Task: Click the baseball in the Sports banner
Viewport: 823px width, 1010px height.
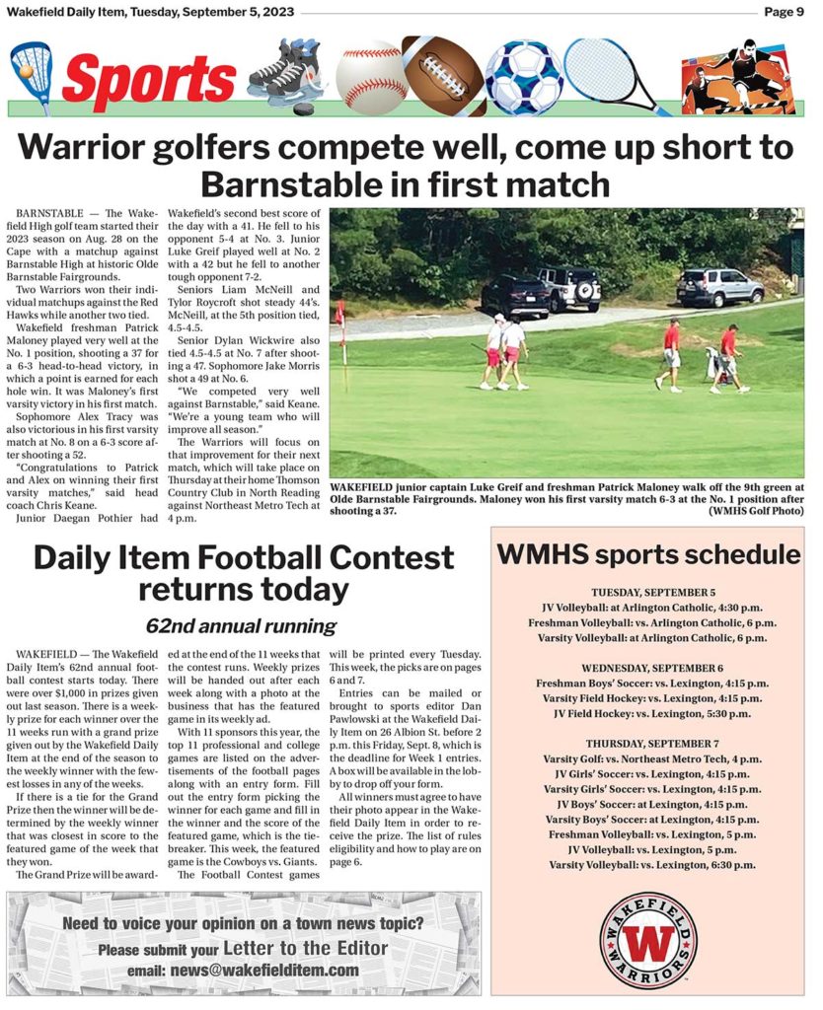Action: (x=371, y=77)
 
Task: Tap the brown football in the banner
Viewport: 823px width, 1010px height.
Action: (x=444, y=76)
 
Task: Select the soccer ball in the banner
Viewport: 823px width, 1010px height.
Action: (x=523, y=77)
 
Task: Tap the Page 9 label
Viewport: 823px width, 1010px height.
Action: (x=786, y=12)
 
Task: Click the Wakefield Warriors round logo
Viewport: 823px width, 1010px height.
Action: (x=647, y=939)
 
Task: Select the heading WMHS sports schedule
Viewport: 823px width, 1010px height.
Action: (x=647, y=554)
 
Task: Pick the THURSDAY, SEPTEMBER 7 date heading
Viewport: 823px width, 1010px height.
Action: (x=652, y=744)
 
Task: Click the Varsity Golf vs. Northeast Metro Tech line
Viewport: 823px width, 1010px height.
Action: (x=652, y=758)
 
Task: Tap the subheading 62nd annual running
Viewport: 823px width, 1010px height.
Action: (x=241, y=626)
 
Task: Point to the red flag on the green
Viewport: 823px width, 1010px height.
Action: (x=340, y=316)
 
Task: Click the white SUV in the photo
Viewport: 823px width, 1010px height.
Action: (x=719, y=287)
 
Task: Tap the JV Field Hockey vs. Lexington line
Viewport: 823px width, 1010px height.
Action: (x=652, y=713)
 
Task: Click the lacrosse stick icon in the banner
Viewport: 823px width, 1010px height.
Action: (x=31, y=77)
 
